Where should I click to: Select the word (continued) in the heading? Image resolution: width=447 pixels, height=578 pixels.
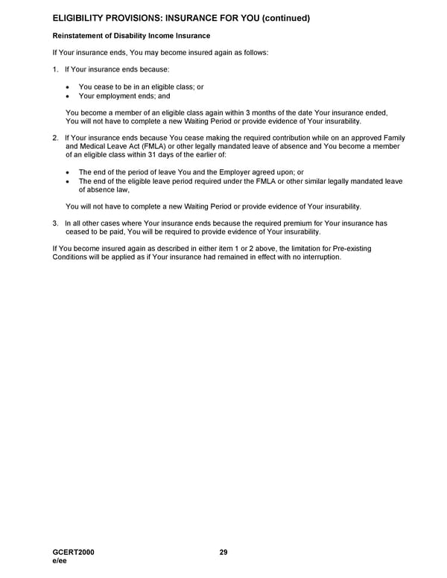pyautogui.click(x=281, y=18)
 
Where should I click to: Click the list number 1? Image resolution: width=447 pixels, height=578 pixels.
pyautogui.click(x=55, y=69)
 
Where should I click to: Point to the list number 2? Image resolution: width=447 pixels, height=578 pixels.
pyautogui.click(x=55, y=138)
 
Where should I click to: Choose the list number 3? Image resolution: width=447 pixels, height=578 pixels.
pyautogui.click(x=55, y=223)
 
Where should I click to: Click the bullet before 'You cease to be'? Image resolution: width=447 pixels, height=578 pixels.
pyautogui.click(x=69, y=87)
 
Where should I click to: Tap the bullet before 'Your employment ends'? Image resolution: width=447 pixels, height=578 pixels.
pyautogui.click(x=69, y=96)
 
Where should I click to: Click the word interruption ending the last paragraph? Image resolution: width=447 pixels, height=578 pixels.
pyautogui.click(x=320, y=257)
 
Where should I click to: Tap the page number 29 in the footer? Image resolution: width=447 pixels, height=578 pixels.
pyautogui.click(x=223, y=552)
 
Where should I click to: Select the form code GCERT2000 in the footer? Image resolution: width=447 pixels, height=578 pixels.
pyautogui.click(x=74, y=552)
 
